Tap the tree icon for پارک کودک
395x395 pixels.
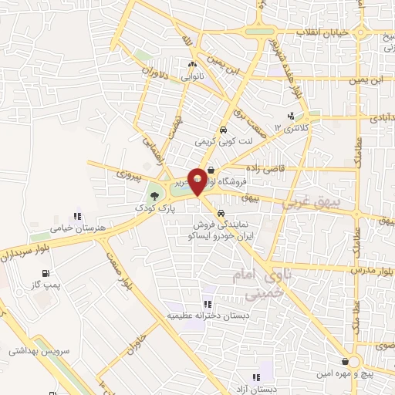pos(155,195)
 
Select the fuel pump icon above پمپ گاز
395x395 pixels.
pos(46,273)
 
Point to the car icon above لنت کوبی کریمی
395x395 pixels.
pos(223,130)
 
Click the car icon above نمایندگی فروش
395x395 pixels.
pos(221,214)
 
